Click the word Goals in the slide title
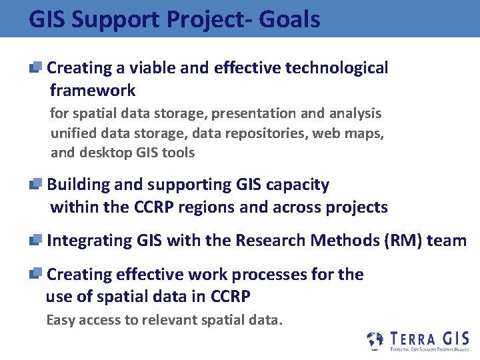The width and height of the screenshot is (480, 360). [x=290, y=19]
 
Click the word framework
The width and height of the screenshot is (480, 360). [x=93, y=90]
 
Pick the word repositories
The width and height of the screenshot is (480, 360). [x=266, y=133]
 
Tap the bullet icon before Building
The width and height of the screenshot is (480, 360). [x=36, y=185]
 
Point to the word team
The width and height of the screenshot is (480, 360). [x=447, y=241]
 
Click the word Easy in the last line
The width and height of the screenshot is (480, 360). [x=61, y=321]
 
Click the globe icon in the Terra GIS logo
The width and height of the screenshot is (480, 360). [x=376, y=340]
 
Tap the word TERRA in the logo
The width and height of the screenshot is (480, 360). [x=412, y=339]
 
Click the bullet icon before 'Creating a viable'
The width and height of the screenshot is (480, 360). [x=36, y=67]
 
